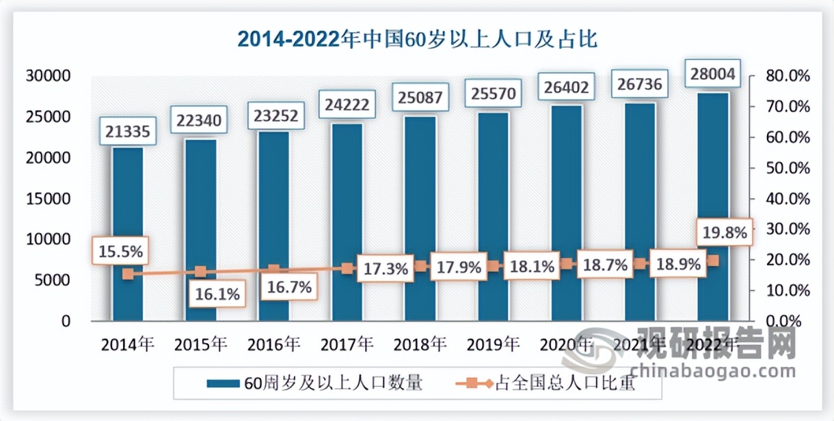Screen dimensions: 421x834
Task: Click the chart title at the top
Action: [417, 39]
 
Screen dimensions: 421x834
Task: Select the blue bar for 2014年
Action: [128, 232]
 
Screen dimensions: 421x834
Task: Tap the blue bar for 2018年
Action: [420, 219]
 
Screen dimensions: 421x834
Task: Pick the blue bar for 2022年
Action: [713, 205]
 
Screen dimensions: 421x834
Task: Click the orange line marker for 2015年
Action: [200, 272]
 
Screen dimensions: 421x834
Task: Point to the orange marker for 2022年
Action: [713, 260]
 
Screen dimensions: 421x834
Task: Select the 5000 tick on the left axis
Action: [57, 280]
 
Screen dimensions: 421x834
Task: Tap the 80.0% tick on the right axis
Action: [788, 76]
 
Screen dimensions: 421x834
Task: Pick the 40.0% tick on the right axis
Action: [788, 199]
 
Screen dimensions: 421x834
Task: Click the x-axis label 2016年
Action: [274, 344]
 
